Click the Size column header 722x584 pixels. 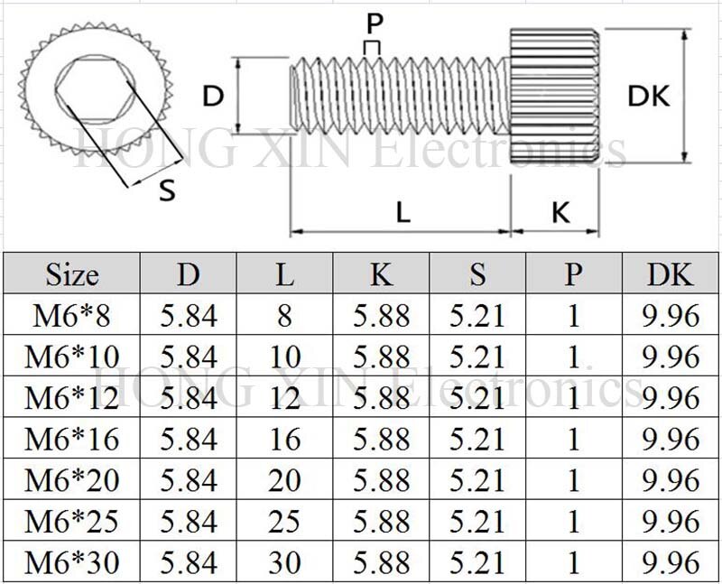click(71, 273)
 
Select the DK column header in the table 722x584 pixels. click(670, 273)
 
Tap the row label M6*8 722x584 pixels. click(71, 315)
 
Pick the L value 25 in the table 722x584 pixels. click(284, 521)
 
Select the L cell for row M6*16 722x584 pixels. click(284, 439)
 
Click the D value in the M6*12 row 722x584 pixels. click(189, 397)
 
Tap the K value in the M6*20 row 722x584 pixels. click(381, 479)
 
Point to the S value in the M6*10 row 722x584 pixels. click(477, 357)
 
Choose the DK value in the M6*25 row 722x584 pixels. click(670, 521)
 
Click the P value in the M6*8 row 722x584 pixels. click(573, 315)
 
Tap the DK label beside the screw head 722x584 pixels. click(649, 96)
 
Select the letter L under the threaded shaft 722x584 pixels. click(403, 213)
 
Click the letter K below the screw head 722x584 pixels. click(560, 213)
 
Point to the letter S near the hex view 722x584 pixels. click(167, 190)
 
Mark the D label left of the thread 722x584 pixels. click(212, 96)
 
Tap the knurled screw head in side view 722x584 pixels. click(554, 96)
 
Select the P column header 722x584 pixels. click(573, 273)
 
